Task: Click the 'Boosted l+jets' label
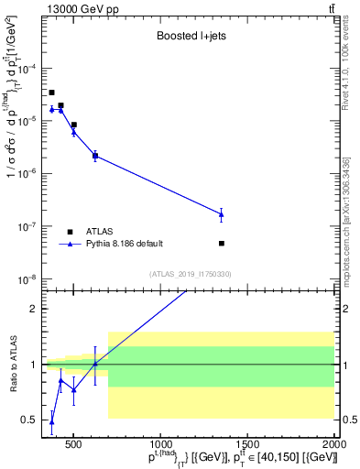click(x=187, y=38)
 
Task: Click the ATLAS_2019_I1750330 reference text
click(x=191, y=274)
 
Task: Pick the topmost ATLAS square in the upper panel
click(x=52, y=93)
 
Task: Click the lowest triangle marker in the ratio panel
click(x=52, y=422)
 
